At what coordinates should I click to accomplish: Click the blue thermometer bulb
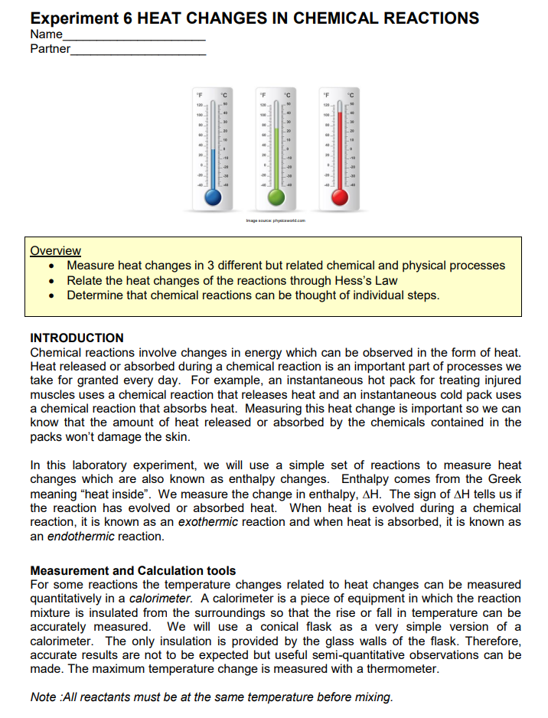pyautogui.click(x=214, y=197)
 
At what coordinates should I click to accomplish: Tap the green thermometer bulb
pyautogui.click(x=278, y=197)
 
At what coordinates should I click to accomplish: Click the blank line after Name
pyautogui.click(x=134, y=35)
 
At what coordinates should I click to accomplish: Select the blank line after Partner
pyautogui.click(x=138, y=50)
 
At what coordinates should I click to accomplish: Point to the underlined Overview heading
pyautogui.click(x=55, y=250)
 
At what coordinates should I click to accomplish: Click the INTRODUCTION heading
pyautogui.click(x=77, y=338)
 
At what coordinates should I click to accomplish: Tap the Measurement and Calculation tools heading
pyautogui.click(x=132, y=570)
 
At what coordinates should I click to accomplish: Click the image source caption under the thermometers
pyautogui.click(x=275, y=220)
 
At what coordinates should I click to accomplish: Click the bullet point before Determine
pyautogui.click(x=51, y=295)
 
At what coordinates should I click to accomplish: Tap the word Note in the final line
pyautogui.click(x=42, y=697)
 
